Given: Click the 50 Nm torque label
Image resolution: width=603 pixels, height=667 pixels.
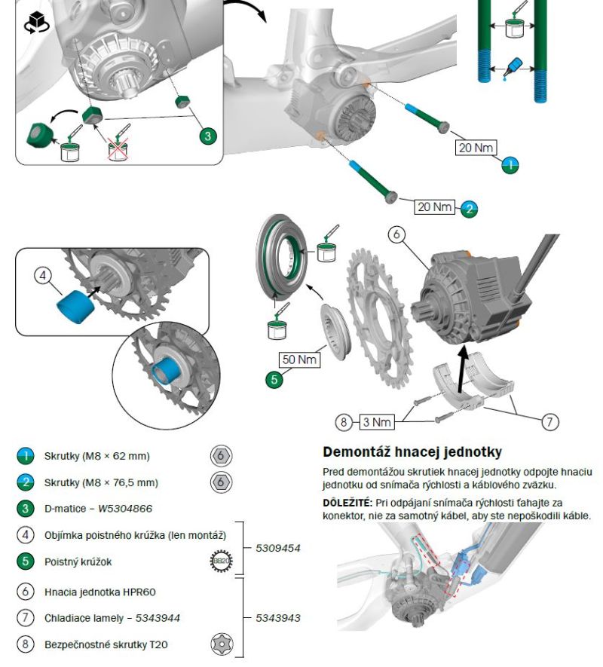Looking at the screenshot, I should [299, 360].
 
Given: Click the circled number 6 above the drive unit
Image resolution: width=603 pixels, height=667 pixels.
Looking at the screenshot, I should [397, 234].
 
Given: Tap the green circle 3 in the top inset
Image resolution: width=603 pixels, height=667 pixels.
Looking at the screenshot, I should [208, 136].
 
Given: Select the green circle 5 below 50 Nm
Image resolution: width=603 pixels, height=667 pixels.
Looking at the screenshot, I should [274, 380].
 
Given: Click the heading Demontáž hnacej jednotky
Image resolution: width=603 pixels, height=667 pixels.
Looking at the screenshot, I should [412, 452].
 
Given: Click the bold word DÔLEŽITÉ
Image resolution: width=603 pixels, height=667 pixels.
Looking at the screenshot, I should [348, 501].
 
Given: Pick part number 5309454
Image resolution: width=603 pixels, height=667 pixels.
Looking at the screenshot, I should [278, 547].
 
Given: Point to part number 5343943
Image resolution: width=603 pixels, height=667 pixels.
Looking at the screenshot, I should [278, 617].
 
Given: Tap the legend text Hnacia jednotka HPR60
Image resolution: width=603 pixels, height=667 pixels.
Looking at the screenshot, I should [99, 592].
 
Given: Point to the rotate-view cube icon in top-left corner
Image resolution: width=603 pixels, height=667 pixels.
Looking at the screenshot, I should [35, 23].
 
